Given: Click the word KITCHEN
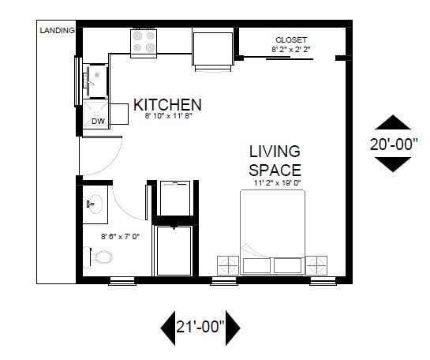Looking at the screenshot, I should click(x=167, y=104).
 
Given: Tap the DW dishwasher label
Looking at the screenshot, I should click(x=99, y=121).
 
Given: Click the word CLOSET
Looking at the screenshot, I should click(x=290, y=39).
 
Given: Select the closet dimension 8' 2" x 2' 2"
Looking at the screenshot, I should click(x=290, y=49).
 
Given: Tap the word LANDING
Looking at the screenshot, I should click(x=57, y=31).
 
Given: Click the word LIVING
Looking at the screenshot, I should click(x=275, y=151).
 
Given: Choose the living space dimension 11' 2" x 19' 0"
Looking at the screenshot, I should click(x=277, y=182).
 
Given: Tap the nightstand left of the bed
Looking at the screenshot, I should click(x=229, y=264).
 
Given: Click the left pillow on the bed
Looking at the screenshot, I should click(x=256, y=264).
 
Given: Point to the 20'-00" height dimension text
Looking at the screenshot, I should click(x=392, y=144).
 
